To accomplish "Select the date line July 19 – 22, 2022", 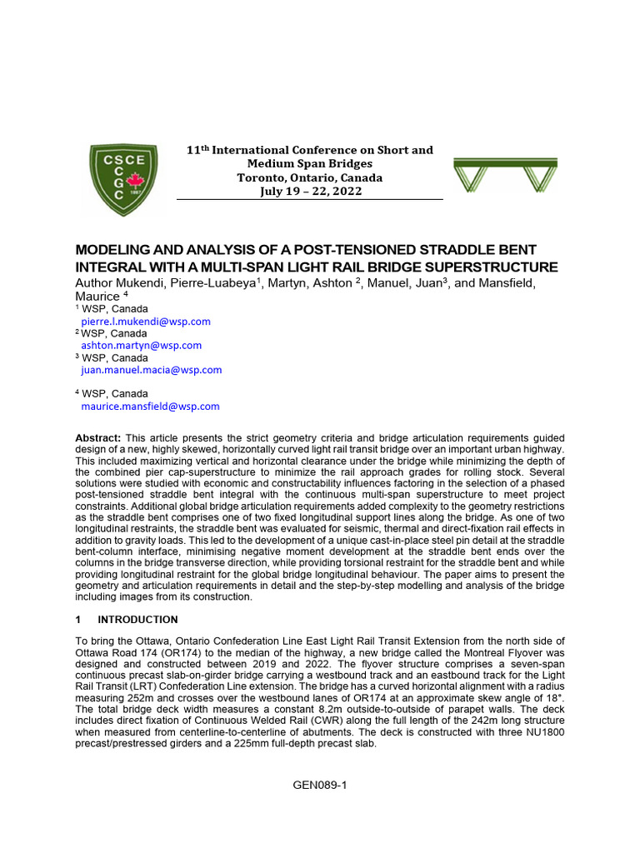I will pyautogui.click(x=310, y=192).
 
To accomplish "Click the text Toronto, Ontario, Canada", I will pyautogui.click(x=310, y=177).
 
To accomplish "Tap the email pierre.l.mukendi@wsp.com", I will pyautogui.click(x=146, y=321).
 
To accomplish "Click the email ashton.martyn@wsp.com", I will pyautogui.click(x=142, y=345).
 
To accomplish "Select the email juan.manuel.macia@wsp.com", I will pyautogui.click(x=152, y=370).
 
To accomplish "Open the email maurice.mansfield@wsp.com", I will pyautogui.click(x=151, y=407).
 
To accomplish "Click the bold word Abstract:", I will pyautogui.click(x=99, y=438).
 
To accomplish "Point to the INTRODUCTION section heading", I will pyautogui.click(x=138, y=620).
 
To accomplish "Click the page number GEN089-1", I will pyautogui.click(x=320, y=786).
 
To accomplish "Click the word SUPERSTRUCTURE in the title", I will pyautogui.click(x=481, y=267).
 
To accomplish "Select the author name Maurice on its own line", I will pyautogui.click(x=97, y=297).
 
